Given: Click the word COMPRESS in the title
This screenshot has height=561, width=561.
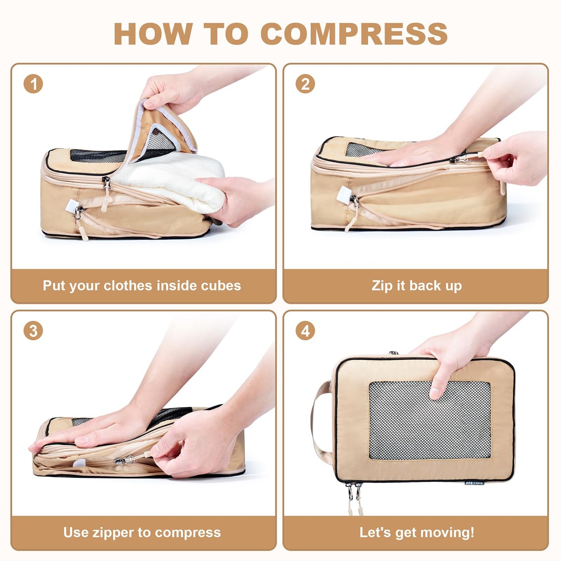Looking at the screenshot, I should point(354,34).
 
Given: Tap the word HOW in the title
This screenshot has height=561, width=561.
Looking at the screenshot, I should point(153,34).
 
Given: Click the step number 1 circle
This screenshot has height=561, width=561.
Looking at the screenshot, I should point(33,84).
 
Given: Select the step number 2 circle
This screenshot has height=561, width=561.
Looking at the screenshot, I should point(305,84).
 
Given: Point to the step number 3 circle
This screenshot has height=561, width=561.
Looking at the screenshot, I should point(33,331).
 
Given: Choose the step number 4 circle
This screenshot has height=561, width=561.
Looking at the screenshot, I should point(305,331).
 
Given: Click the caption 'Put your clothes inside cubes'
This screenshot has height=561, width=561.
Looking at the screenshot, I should point(142,286).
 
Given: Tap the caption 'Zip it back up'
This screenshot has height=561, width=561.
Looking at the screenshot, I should point(416,286).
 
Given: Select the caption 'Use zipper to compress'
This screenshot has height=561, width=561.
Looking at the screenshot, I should point(142,532).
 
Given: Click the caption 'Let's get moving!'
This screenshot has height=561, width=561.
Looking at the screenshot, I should point(416,532).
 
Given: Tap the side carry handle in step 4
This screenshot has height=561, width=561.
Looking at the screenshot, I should point(320,419).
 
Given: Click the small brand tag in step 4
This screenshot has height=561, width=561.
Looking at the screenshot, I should point(474,483).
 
